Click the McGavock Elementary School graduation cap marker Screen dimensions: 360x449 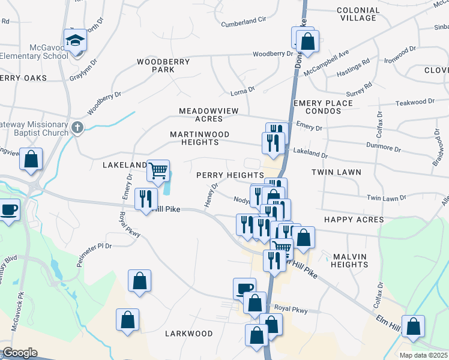click(76, 40)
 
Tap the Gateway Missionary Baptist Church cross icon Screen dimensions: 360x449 click(77, 127)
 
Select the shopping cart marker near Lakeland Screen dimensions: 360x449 click(158, 170)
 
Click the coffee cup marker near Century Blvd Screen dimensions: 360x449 click(8, 211)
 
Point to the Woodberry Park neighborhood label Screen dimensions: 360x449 click(163, 65)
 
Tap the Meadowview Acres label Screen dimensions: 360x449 click(209, 115)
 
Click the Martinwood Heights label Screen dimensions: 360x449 click(194, 138)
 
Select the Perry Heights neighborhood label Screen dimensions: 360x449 click(231, 174)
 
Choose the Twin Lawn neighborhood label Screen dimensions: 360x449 click(336, 172)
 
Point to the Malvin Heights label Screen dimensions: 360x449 click(349, 260)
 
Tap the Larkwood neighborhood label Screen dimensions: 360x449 click(188, 333)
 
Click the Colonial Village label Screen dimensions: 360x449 click(358, 14)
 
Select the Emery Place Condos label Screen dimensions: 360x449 click(323, 107)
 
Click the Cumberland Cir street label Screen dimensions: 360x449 click(243, 20)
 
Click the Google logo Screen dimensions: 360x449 click(19, 353)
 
